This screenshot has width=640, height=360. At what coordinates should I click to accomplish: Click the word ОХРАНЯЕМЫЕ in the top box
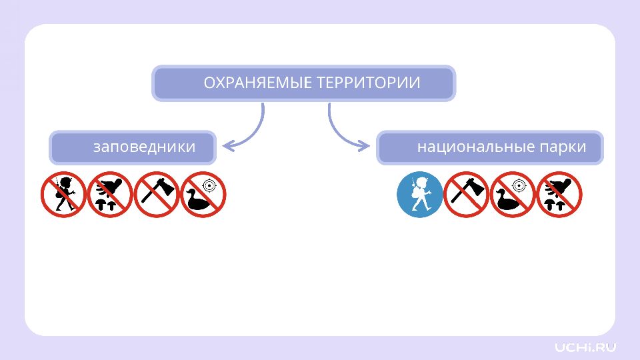258,83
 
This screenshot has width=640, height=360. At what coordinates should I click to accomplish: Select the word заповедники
145,147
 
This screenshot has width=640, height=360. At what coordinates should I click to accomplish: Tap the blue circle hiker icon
419,194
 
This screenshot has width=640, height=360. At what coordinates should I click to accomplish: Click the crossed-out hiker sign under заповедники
64,194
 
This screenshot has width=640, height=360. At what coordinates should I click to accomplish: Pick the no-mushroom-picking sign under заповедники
110,194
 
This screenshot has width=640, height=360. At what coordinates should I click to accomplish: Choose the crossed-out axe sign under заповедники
157,194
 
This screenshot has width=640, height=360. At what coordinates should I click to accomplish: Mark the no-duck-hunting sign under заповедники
203,194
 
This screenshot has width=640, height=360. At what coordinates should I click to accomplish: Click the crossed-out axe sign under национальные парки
466,194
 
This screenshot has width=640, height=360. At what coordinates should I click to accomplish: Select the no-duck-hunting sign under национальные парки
513,194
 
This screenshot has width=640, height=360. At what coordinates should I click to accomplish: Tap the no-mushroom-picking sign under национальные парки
559,194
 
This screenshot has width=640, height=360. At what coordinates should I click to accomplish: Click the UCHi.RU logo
585,347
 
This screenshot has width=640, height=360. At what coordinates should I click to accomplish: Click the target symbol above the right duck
519,186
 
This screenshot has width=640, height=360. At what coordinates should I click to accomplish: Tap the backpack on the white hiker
415,195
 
